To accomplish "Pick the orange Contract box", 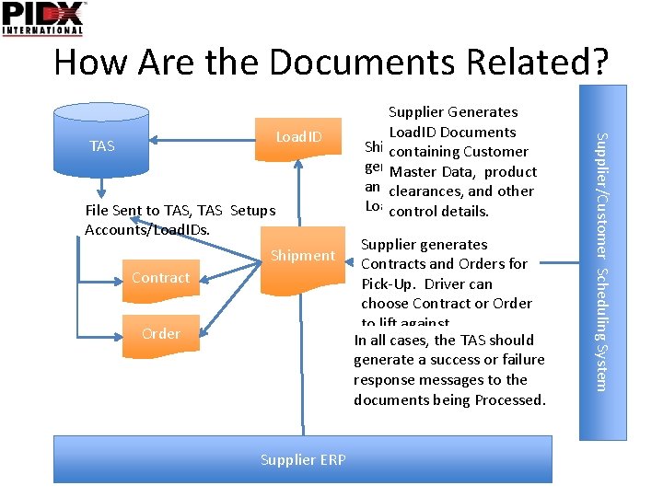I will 160,277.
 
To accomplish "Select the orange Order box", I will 160,333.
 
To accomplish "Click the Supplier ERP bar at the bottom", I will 302,458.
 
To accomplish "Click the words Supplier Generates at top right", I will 453,112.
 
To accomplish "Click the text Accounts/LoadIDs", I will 146,229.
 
